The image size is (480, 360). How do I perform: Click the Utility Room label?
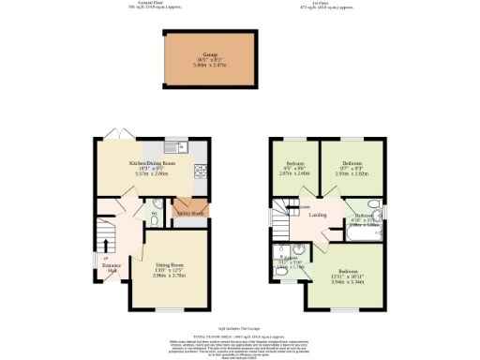pyautogui.click(x=190, y=213)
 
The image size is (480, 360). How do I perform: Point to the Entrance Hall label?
pyautogui.click(x=111, y=268)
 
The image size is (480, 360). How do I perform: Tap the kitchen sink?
pyautogui.click(x=174, y=147)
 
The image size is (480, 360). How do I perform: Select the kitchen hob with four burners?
pyautogui.click(x=199, y=171)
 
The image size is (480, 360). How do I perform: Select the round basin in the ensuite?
pyautogui.click(x=281, y=251)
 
